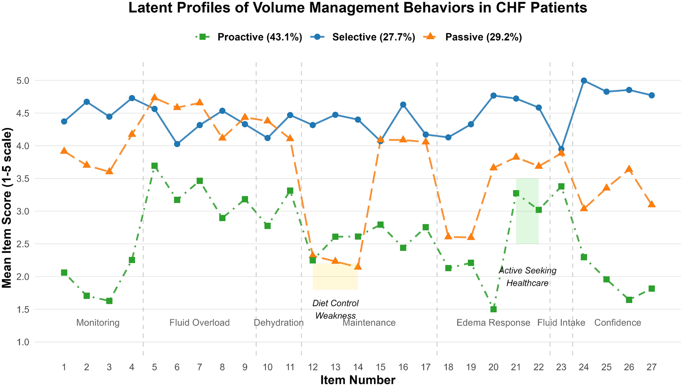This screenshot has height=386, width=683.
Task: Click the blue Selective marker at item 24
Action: [584, 81]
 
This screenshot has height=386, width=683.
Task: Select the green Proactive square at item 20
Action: [494, 309]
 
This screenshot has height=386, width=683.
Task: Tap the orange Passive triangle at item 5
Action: [155, 97]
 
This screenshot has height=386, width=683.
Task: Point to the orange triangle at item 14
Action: [358, 266]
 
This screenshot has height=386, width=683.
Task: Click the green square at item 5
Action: [155, 166]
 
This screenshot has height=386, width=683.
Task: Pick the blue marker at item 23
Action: [561, 149]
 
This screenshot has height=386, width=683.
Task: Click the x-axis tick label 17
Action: [426, 367]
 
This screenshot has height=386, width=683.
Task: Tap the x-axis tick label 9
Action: [245, 367]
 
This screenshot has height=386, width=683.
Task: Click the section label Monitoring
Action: [98, 323]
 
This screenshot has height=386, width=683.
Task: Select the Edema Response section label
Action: [493, 323]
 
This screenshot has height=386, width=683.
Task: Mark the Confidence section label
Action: [618, 323]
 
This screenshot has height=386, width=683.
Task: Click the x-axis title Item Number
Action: [358, 380]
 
